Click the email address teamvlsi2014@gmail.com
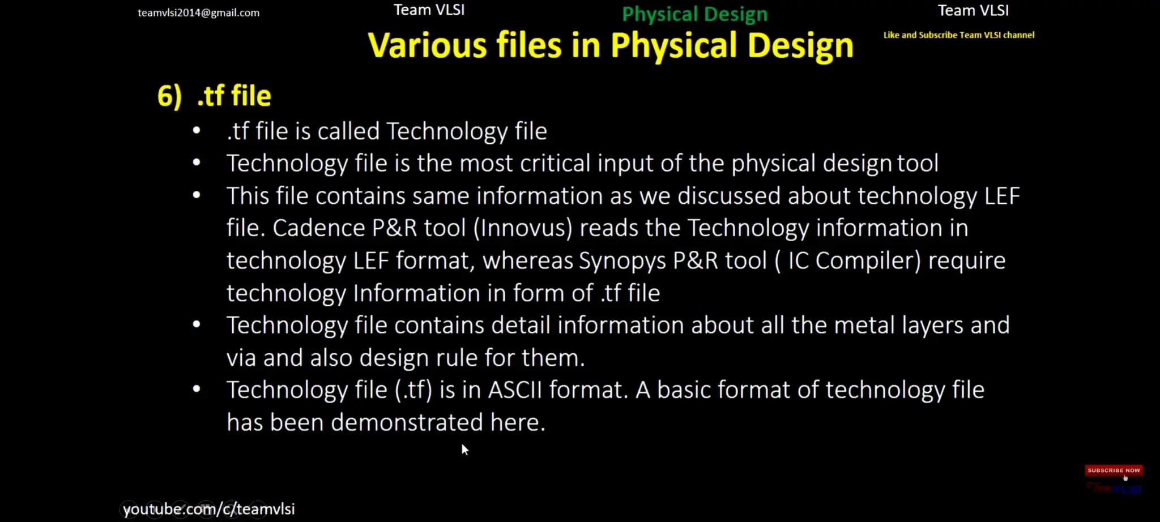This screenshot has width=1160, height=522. click(198, 12)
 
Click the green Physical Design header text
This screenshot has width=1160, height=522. click(694, 14)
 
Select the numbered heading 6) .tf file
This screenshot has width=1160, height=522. click(214, 95)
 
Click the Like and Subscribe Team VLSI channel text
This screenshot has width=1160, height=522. click(958, 35)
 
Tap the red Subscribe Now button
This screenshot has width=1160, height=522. click(1113, 470)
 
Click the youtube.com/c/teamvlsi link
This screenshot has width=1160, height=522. click(208, 509)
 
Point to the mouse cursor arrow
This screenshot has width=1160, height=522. click(464, 450)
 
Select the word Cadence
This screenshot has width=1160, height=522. click(319, 228)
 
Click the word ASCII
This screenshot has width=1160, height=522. click(515, 390)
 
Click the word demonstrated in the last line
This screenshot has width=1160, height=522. click(407, 422)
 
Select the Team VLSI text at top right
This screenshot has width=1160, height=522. click(973, 10)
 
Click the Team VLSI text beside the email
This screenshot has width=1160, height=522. click(429, 10)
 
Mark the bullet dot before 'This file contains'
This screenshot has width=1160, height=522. click(197, 195)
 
